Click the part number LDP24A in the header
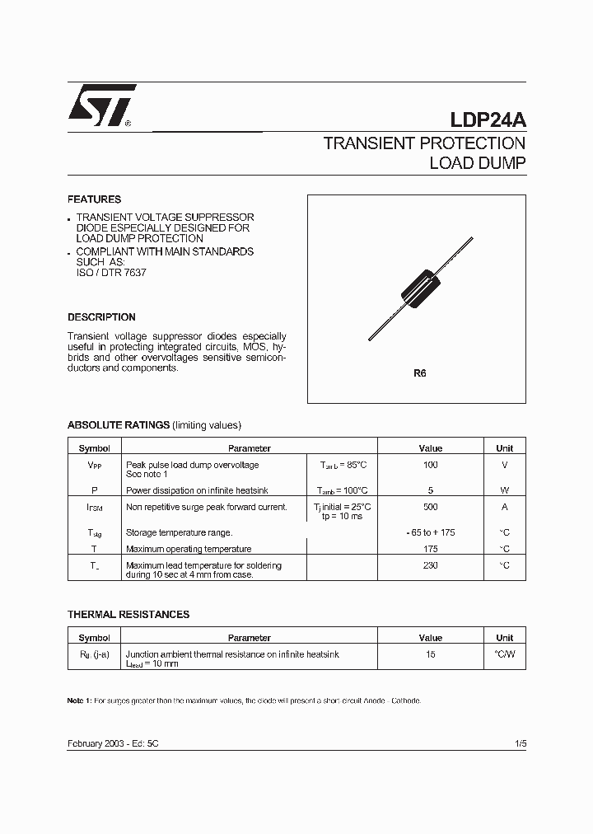click(x=488, y=119)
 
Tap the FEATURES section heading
click(x=94, y=199)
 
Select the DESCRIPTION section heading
click(x=101, y=317)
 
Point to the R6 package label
click(x=420, y=373)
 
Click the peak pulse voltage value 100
click(x=430, y=466)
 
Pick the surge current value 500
click(x=430, y=507)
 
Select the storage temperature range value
click(x=430, y=532)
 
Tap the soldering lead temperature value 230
click(x=430, y=565)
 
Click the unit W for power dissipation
click(x=504, y=490)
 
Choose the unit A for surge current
click(x=504, y=507)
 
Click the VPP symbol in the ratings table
click(x=95, y=466)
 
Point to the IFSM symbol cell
click(x=95, y=508)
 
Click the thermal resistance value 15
click(x=430, y=654)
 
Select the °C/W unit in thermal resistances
click(x=504, y=654)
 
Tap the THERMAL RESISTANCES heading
click(x=128, y=615)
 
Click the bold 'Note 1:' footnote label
click(x=79, y=700)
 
